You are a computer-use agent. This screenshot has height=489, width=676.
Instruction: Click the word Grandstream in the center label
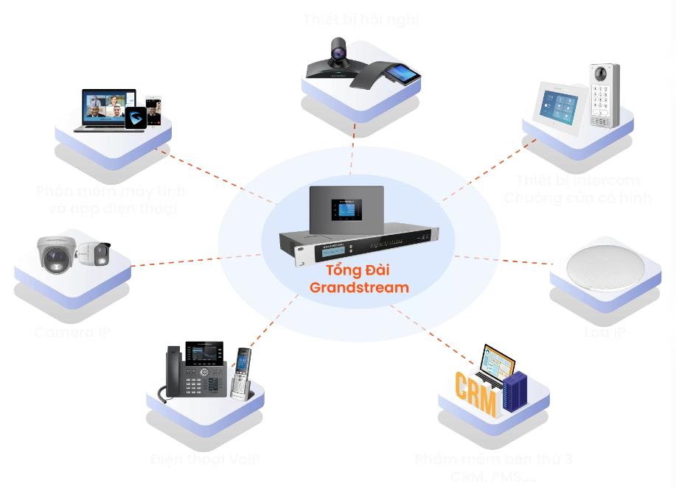pyautogui.click(x=359, y=287)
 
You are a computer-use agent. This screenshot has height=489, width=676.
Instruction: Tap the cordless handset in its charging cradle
pyautogui.click(x=240, y=373)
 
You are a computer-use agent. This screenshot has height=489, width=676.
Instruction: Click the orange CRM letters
pyautogui.click(x=475, y=388)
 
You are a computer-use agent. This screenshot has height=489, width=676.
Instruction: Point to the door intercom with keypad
pyautogui.click(x=604, y=95)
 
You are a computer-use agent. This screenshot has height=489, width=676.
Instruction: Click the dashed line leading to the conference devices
pyautogui.click(x=353, y=140)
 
